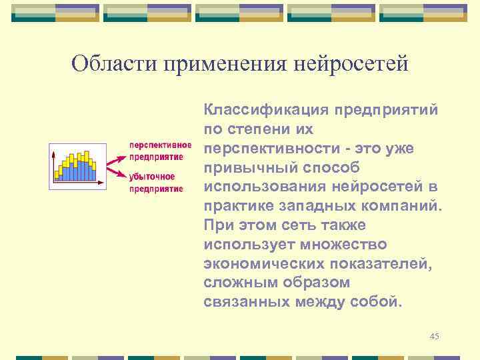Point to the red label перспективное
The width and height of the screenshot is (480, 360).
pyautogui.click(x=160, y=145)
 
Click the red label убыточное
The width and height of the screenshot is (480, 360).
pyautogui.click(x=152, y=177)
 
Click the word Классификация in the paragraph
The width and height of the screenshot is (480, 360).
pyautogui.click(x=265, y=109)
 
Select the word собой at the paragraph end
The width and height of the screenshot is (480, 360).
pyautogui.click(x=381, y=302)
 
